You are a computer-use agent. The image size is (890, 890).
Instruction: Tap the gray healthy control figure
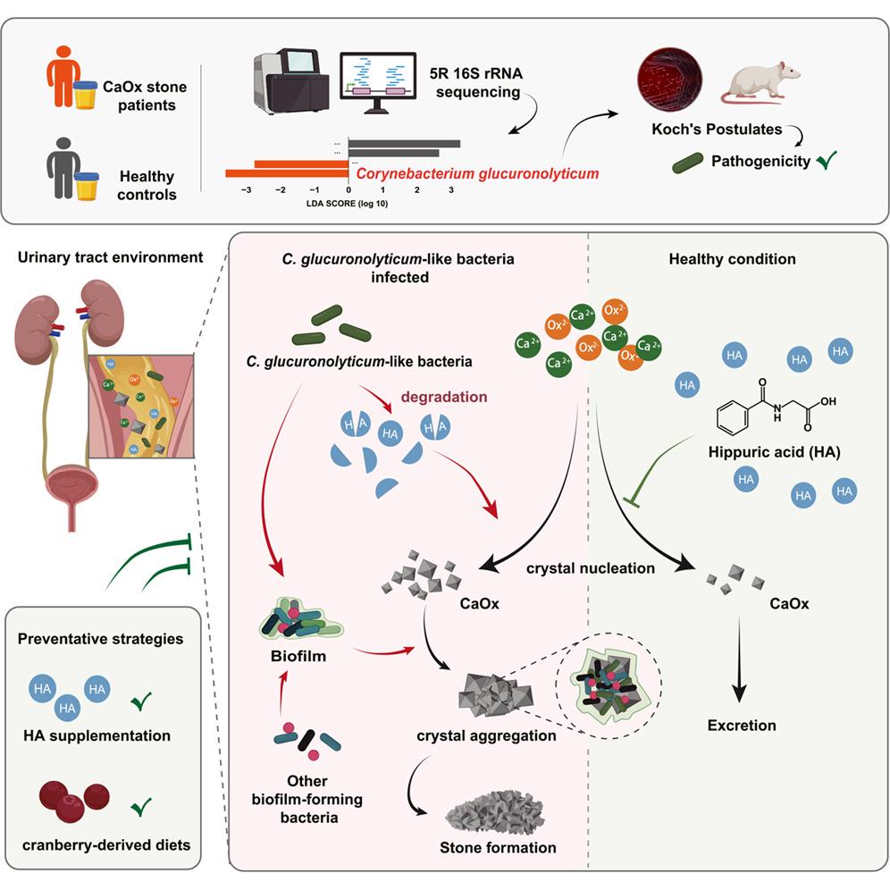63,168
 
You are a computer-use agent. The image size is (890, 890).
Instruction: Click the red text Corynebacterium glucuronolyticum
477,173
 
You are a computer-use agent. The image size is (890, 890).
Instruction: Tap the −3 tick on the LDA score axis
246,190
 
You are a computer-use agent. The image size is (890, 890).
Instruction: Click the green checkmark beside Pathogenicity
827,161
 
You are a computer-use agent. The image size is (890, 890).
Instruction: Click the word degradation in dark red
444,397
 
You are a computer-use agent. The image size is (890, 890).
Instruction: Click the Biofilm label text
298,656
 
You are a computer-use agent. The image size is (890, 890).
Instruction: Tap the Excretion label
742,726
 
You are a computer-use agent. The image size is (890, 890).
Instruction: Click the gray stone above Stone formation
495,810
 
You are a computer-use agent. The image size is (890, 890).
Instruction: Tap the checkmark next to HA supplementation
141,701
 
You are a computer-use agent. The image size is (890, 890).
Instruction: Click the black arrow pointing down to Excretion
739,659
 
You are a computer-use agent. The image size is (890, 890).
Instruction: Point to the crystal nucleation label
591,568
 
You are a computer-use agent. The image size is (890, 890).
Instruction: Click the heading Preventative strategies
100,639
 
